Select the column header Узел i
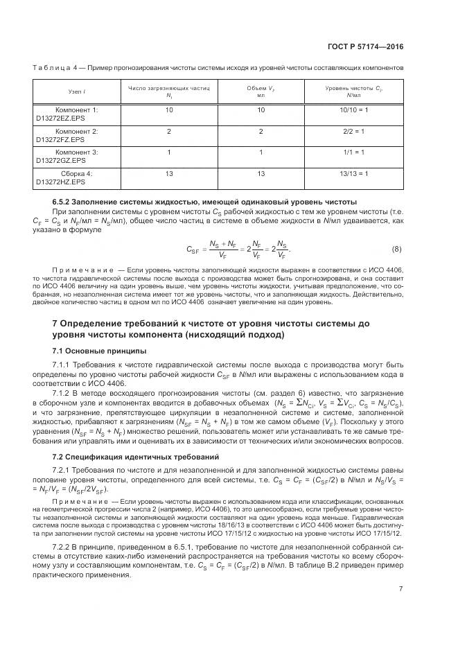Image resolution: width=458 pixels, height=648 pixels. [76, 91]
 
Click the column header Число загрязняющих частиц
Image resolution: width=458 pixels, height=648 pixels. [168, 88]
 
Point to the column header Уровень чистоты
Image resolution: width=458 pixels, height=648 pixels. [354, 88]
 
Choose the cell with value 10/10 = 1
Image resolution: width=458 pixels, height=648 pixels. [354, 110]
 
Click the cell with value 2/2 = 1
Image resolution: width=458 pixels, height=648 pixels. [354, 131]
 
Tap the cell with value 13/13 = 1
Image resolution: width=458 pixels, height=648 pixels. [354, 173]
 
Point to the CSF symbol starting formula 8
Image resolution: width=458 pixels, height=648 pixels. [193, 250]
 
